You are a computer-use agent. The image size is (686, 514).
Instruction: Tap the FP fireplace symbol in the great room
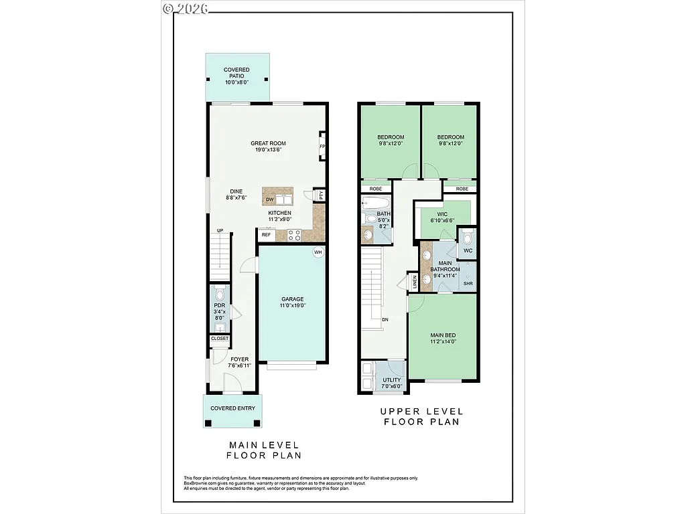(322, 147)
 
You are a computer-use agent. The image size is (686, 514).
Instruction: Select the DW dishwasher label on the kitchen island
(269, 199)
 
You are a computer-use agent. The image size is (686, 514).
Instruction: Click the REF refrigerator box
(266, 235)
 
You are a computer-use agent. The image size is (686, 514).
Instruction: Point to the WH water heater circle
(318, 252)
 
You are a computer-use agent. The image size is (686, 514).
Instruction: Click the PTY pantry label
(321, 195)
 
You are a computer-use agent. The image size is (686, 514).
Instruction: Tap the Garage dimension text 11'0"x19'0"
(293, 305)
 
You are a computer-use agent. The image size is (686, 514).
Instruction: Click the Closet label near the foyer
(220, 339)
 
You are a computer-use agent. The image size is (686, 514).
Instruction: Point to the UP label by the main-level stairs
(220, 231)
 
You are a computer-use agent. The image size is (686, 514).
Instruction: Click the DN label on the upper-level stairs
(385, 319)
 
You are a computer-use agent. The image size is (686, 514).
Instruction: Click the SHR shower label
(468, 284)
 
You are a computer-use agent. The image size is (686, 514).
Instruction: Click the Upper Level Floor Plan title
(421, 416)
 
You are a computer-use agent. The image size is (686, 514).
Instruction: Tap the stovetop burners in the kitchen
(293, 234)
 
